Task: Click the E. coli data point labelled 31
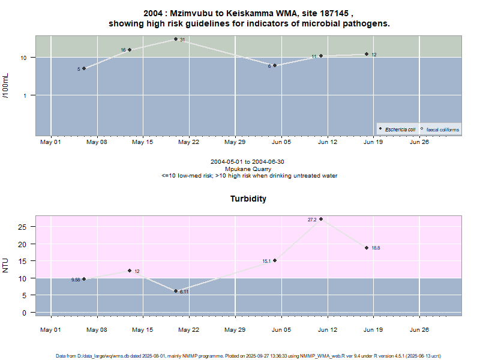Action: (176, 39)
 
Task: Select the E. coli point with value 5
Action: (84, 68)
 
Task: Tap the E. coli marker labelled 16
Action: (130, 50)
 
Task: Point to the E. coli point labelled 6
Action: (275, 65)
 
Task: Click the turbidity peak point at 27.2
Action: (321, 219)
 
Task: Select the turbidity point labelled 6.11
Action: (176, 291)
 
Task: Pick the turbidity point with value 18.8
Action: (367, 248)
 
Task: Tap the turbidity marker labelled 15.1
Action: (275, 260)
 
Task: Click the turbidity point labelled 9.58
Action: (84, 279)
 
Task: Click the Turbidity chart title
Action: (248, 199)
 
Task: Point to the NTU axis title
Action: (6, 265)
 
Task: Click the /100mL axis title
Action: (6, 86)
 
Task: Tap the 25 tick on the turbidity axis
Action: (23, 227)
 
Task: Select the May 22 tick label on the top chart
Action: (188, 142)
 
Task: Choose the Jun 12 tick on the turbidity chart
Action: (327, 329)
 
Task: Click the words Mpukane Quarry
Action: (249, 169)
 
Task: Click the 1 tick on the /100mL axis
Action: (27, 95)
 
